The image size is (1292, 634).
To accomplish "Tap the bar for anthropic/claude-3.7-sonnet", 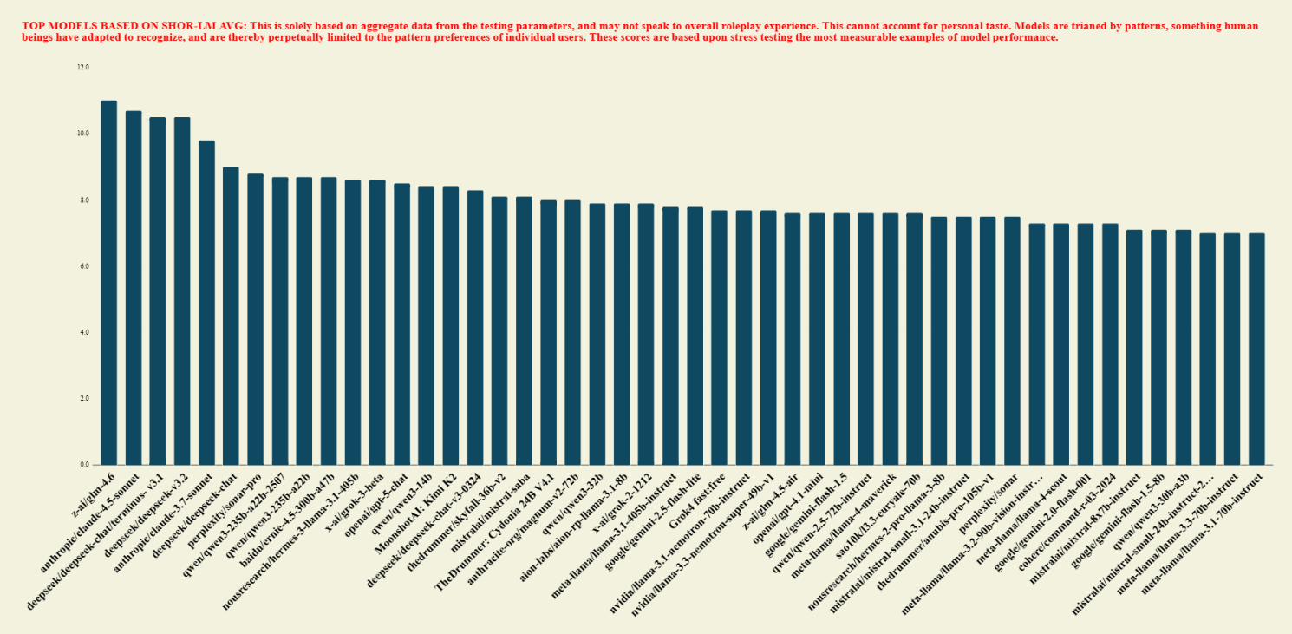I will pos(206,303).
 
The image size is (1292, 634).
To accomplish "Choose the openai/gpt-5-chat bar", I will pos(401,324).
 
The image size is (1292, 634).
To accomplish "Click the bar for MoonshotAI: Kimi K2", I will pos(450,326).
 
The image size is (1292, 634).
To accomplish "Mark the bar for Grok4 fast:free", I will pos(719,337).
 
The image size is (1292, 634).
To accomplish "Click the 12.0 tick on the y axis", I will pos(83,68).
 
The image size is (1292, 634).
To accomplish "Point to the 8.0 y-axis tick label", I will pos(83,200).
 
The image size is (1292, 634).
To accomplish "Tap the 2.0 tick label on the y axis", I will pos(83,399).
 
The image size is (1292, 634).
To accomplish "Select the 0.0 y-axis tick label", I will pos(83,465).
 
